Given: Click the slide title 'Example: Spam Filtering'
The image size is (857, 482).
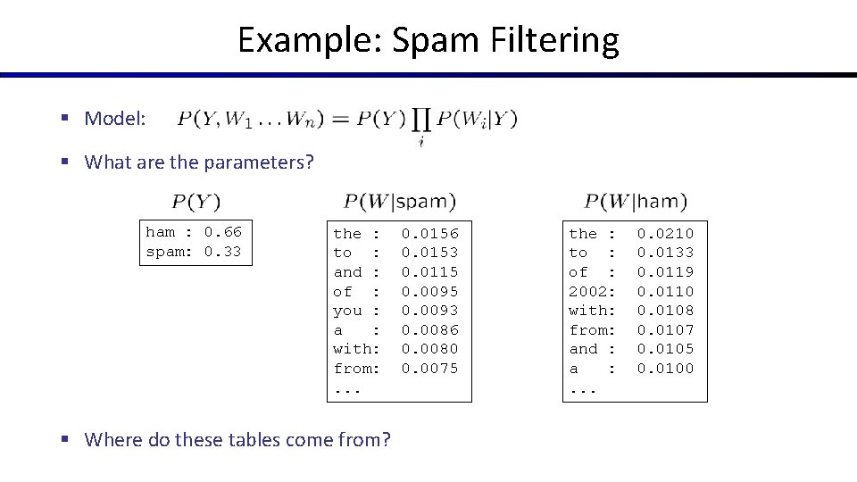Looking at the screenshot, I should click(428, 40).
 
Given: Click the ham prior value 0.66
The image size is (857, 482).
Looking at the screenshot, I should click(222, 232).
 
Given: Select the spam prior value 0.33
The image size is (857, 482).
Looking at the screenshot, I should click(222, 252).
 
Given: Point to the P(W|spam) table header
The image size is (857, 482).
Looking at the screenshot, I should click(400, 203).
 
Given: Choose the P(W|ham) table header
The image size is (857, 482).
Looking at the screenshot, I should click(637, 203).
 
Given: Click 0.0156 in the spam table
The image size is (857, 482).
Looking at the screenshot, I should click(429, 234).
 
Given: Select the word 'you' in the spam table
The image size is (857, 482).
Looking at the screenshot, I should click(347, 311).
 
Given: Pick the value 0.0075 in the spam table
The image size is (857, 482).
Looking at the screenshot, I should click(429, 369).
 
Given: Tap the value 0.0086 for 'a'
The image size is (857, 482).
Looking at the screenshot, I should click(429, 330).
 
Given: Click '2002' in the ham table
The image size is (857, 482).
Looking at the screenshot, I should click(587, 292).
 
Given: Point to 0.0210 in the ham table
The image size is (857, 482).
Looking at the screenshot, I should click(665, 234).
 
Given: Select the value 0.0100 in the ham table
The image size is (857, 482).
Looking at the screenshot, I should click(665, 369).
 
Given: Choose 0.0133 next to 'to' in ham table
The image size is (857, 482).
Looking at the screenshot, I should click(665, 253).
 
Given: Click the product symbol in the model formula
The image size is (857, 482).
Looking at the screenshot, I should click(422, 119).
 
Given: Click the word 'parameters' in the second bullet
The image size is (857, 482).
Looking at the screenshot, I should click(259, 162).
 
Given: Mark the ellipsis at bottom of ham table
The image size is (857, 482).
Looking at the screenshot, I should click(582, 388).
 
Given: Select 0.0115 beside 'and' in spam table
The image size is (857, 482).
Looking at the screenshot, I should click(429, 272).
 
